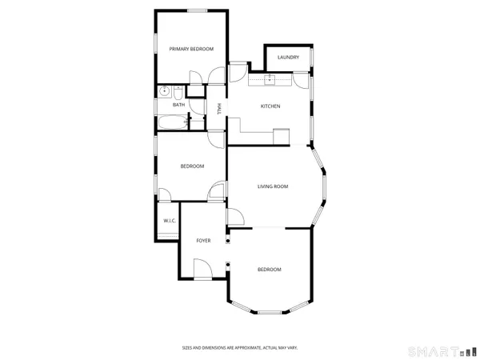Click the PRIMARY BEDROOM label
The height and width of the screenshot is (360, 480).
tap(192, 50)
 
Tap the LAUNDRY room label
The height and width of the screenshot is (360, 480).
tap(288, 58)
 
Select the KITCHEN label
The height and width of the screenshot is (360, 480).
tap(270, 106)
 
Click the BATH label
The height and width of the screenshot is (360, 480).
tap(178, 104)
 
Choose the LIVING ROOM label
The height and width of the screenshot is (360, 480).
tap(272, 186)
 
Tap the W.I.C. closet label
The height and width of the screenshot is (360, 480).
tap(170, 221)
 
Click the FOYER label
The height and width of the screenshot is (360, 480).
tap(204, 240)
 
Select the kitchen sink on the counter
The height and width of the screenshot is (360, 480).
tap(271, 78)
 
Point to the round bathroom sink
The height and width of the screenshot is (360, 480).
tap(162, 91)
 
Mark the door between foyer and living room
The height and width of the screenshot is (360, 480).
tap(235, 216)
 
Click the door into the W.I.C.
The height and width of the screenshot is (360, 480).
tap(163, 195)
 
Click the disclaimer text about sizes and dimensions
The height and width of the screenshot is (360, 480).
tap(239, 348)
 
